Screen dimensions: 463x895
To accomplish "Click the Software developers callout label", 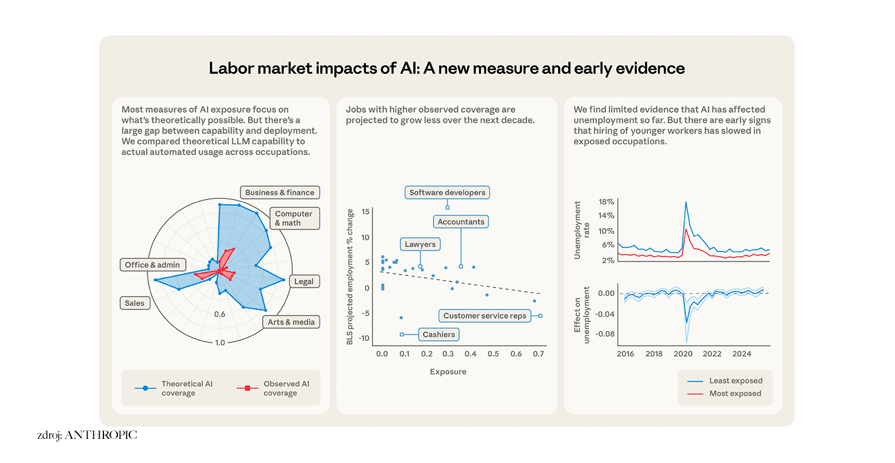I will pos(447,193).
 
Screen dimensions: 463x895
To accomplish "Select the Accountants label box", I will pos(460,222).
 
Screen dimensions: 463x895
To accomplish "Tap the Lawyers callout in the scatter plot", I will pos(420,244).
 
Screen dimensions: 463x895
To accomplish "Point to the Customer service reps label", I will pos(485,316).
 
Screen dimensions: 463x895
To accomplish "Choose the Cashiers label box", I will pos(439,335).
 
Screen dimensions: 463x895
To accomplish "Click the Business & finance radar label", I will pos(279,193).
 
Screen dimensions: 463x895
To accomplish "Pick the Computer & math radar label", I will pos(294,219).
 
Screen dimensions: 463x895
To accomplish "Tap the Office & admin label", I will pos(152,265).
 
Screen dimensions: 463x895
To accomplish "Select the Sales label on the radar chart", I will pos(134,303).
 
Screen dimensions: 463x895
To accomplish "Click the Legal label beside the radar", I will pos(304,282).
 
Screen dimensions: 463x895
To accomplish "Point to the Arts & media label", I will pos(291,323).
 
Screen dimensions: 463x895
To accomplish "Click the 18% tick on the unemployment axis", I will pos(606,202).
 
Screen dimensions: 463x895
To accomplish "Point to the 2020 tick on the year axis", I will pos(683,354).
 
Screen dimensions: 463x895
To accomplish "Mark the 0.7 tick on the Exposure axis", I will pos(539,354).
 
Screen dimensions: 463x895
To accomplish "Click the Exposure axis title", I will pos(448,372).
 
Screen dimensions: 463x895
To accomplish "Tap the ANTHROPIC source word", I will pos(101,435).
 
